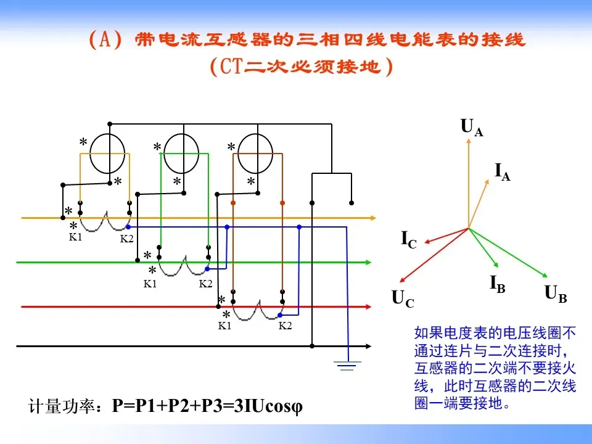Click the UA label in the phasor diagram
472,128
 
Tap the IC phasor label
409,239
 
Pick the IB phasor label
498,284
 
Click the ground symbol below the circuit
347,368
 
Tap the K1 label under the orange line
75,237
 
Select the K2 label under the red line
285,326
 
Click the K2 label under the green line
205,284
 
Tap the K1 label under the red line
224,326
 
